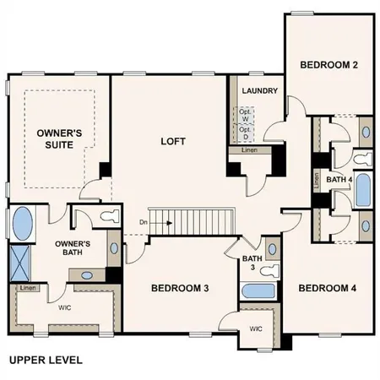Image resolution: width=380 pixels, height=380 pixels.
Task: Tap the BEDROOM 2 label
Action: (329, 64)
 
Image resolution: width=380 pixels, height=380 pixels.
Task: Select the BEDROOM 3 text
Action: (180, 288)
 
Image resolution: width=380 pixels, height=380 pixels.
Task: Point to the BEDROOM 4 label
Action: (328, 288)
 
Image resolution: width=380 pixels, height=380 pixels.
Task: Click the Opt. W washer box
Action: (246, 115)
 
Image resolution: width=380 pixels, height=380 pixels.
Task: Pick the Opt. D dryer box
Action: (246, 133)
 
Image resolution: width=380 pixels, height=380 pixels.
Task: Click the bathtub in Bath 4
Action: (362, 190)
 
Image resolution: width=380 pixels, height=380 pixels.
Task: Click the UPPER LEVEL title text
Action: (46, 360)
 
